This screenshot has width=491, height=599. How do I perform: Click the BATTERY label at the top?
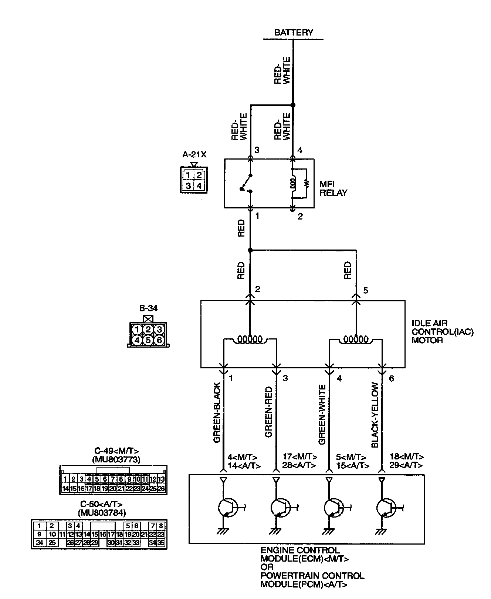(294, 33)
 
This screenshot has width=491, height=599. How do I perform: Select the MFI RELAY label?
(333, 188)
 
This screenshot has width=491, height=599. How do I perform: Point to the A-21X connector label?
(194, 155)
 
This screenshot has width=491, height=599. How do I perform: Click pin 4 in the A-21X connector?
(199, 185)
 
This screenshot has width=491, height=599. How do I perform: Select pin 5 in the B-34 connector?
(148, 339)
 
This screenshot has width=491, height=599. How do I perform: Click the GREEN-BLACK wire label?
(217, 413)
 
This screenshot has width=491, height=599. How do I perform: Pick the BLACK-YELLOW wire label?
(375, 415)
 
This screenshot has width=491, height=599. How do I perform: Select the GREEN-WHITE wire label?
(322, 415)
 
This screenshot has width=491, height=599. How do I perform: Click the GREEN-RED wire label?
(269, 412)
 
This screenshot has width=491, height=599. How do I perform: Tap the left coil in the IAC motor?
(250, 339)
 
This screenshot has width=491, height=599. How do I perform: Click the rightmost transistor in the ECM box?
(386, 508)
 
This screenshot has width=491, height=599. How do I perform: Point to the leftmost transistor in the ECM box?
(227, 508)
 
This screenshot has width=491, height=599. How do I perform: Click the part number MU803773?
(116, 460)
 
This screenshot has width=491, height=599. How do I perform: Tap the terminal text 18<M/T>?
(407, 457)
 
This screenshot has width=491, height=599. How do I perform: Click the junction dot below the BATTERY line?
(293, 105)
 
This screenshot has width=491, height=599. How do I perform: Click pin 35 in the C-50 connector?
(161, 543)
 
